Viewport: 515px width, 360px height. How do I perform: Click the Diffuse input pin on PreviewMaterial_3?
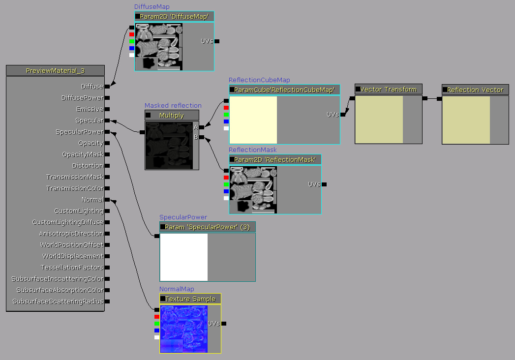[107, 87]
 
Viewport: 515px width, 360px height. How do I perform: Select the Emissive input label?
[90, 109]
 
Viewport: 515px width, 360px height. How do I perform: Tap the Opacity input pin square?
[107, 143]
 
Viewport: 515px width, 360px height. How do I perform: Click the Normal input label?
[92, 200]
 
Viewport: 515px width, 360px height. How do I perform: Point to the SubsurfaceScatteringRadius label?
[58, 301]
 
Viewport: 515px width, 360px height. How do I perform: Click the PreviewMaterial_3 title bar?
[55, 71]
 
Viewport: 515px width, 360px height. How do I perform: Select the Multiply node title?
[172, 116]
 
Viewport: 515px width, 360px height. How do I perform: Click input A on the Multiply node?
[201, 127]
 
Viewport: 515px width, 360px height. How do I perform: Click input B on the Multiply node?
[201, 137]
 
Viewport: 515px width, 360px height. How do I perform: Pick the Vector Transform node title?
[388, 90]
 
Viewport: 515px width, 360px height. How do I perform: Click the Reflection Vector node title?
[475, 90]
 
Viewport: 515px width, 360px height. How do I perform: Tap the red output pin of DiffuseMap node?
[132, 34]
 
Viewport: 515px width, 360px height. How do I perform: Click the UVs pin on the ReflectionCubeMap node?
[342, 115]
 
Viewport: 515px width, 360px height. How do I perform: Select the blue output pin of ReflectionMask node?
[226, 191]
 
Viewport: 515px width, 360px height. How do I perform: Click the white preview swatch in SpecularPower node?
[184, 257]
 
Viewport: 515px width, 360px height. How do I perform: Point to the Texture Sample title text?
[190, 299]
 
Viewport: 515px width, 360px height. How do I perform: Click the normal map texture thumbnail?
[183, 329]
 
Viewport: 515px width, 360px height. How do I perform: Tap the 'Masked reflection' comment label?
[173, 106]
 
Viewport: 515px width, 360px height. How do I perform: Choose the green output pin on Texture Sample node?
[156, 324]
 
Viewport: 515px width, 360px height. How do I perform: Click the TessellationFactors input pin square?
[107, 268]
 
